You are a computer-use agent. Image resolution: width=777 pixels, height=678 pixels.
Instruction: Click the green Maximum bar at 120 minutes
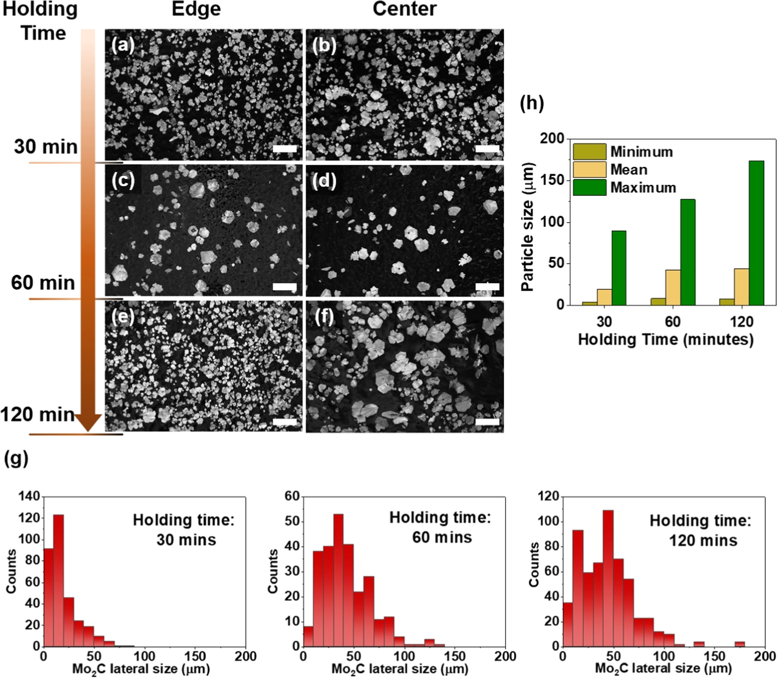(x=756, y=233)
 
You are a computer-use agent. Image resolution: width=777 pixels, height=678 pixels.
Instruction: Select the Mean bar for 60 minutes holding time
(x=673, y=287)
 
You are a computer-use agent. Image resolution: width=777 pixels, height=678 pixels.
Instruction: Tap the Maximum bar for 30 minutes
(x=619, y=268)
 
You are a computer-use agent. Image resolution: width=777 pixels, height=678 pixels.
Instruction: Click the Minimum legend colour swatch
(x=589, y=152)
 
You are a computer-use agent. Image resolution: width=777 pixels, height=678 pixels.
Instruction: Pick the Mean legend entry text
(x=629, y=170)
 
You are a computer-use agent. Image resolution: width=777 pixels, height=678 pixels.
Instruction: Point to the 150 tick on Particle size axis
(x=554, y=180)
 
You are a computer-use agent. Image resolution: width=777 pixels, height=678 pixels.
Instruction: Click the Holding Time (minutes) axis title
(x=665, y=340)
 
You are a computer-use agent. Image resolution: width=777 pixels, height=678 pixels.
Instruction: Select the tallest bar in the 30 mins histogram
(x=58, y=580)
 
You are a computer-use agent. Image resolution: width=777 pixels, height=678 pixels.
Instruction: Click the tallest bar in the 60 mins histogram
(x=338, y=580)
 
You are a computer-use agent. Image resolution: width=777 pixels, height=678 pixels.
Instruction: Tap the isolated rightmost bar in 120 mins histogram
(x=740, y=644)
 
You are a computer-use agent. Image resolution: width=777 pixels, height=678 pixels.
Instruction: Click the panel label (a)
(x=123, y=45)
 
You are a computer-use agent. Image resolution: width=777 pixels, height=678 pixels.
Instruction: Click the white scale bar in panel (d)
(x=488, y=286)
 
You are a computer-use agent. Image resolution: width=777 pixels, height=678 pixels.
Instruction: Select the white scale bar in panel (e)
(x=285, y=422)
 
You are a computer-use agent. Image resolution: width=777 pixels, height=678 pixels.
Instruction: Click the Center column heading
(x=404, y=9)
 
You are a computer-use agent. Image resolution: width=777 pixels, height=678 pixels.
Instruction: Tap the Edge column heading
(x=196, y=9)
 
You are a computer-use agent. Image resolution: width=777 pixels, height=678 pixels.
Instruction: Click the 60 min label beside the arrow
(x=43, y=283)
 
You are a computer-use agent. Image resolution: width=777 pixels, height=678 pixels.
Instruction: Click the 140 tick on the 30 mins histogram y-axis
(x=29, y=497)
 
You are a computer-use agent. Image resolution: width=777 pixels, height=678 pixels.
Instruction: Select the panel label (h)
(x=532, y=104)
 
